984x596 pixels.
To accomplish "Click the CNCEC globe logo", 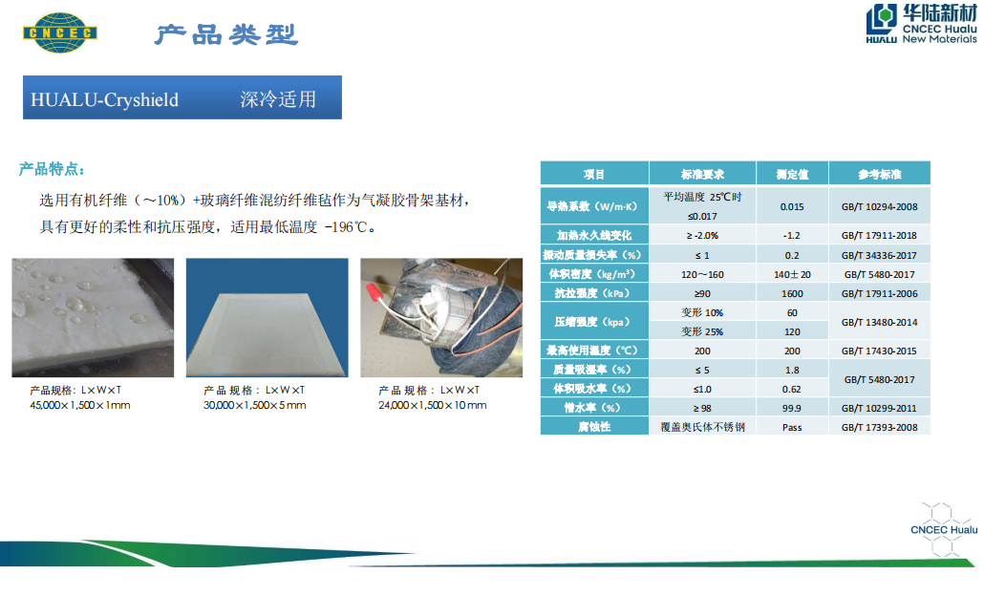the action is [60, 32].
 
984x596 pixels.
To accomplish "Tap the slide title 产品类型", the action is [226, 34].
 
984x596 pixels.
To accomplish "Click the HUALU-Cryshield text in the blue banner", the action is [105, 99].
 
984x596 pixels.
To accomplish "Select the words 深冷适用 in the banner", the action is [278, 99].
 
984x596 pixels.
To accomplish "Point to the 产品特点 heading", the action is [52, 169].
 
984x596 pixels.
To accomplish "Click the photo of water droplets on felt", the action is [93, 317].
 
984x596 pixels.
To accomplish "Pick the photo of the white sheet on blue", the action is [267, 317].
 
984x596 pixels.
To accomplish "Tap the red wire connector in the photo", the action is [374, 293].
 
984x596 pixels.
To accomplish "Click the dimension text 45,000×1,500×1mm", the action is [80, 405].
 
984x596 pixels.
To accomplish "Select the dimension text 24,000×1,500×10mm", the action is [433, 405].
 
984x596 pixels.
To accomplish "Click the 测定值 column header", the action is [793, 174].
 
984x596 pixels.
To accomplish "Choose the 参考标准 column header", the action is [880, 174].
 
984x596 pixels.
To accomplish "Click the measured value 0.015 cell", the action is [792, 206].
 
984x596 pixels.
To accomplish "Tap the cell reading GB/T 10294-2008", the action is [880, 206].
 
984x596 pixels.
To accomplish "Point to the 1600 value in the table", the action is [792, 293].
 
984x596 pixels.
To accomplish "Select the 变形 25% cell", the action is [702, 331].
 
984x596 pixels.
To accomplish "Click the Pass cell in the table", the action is [792, 427].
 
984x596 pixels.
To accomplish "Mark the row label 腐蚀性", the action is [593, 427].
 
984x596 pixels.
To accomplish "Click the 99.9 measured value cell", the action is [792, 409].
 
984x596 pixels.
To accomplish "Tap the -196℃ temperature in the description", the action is [346, 227].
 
